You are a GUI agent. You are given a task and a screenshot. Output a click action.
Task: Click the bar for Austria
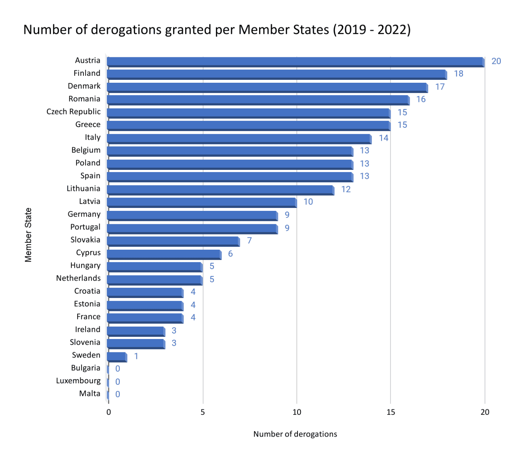pos(296,62)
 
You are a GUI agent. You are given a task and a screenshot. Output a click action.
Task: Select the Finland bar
pos(277,74)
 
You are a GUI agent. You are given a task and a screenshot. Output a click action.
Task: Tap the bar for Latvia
pos(202,203)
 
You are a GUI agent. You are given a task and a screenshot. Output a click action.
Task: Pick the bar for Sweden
pos(117,357)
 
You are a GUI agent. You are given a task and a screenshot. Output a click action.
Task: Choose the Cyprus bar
pos(164,254)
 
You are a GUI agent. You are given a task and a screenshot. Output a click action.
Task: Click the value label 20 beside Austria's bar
pos(496,61)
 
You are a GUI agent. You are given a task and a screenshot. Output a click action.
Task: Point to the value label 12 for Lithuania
pos(346,189)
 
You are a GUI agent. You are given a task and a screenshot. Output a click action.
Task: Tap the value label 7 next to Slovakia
pos(249,241)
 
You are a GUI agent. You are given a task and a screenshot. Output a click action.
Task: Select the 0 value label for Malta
pos(118,394)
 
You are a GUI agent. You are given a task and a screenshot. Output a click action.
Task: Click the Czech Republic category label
pos(73,112)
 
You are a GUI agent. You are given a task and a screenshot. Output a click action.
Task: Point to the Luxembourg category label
pos(78,381)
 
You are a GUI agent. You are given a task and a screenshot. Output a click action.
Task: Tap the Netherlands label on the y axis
pos(78,278)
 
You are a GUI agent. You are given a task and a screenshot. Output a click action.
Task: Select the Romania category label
pos(84,99)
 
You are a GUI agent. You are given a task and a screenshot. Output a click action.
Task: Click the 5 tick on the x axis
pos(202,412)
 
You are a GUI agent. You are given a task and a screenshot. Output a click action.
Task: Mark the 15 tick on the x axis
pos(390,412)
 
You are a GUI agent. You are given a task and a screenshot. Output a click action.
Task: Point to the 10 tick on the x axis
pos(296,412)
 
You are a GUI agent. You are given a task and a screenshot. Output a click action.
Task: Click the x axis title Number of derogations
pos(295,434)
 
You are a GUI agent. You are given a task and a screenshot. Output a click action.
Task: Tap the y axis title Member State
pos(28,235)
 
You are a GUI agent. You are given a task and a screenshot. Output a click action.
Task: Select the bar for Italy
pos(239,139)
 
